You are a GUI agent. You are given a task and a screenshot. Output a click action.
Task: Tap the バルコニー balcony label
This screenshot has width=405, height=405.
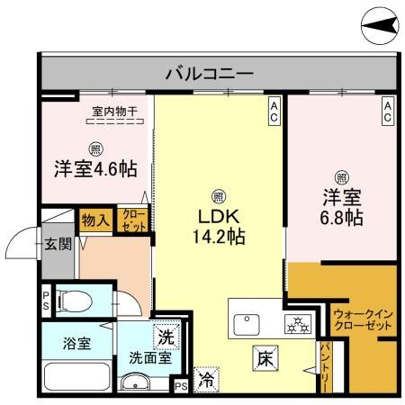209,73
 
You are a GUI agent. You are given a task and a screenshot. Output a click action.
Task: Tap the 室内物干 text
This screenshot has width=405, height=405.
113,112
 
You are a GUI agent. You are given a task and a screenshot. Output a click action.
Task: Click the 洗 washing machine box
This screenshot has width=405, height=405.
166,338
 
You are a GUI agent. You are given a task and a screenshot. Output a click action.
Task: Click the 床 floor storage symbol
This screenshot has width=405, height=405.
265,358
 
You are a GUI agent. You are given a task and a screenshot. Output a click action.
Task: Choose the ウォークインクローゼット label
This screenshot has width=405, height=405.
361,319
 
